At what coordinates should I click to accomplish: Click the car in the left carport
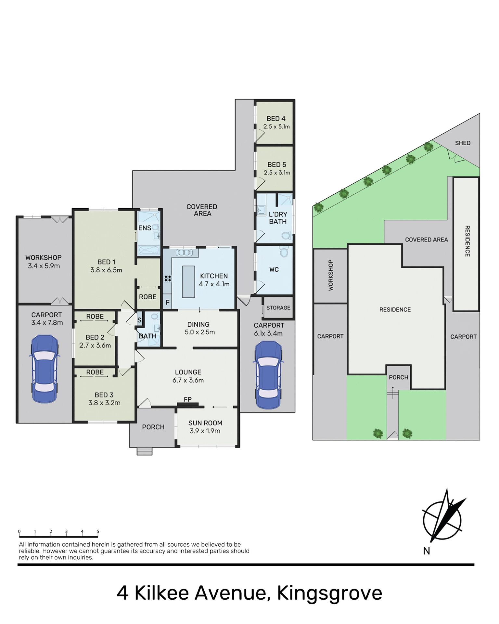tap(45, 369)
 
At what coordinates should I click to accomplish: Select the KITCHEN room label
tap(214, 276)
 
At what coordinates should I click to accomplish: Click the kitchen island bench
tap(188, 282)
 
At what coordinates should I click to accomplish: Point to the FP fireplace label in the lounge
tap(188, 399)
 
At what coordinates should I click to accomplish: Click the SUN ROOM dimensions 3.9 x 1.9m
tap(205, 431)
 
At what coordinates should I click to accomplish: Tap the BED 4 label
tap(276, 119)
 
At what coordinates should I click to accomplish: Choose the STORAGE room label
tap(278, 308)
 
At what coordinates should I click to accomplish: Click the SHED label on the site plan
tap(463, 143)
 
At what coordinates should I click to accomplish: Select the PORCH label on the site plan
tap(398, 377)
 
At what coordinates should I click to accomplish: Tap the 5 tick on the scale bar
tap(98, 532)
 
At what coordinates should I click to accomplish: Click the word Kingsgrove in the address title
tap(329, 593)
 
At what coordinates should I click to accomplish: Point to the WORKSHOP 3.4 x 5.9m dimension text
tap(44, 266)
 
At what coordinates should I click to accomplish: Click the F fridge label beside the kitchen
tap(168, 303)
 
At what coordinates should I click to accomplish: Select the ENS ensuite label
tap(145, 228)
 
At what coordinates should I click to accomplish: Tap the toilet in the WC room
tap(284, 251)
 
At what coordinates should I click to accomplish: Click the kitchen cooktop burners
tap(168, 279)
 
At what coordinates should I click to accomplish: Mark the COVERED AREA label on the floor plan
tap(202, 210)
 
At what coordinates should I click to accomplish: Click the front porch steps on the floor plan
tap(145, 451)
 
